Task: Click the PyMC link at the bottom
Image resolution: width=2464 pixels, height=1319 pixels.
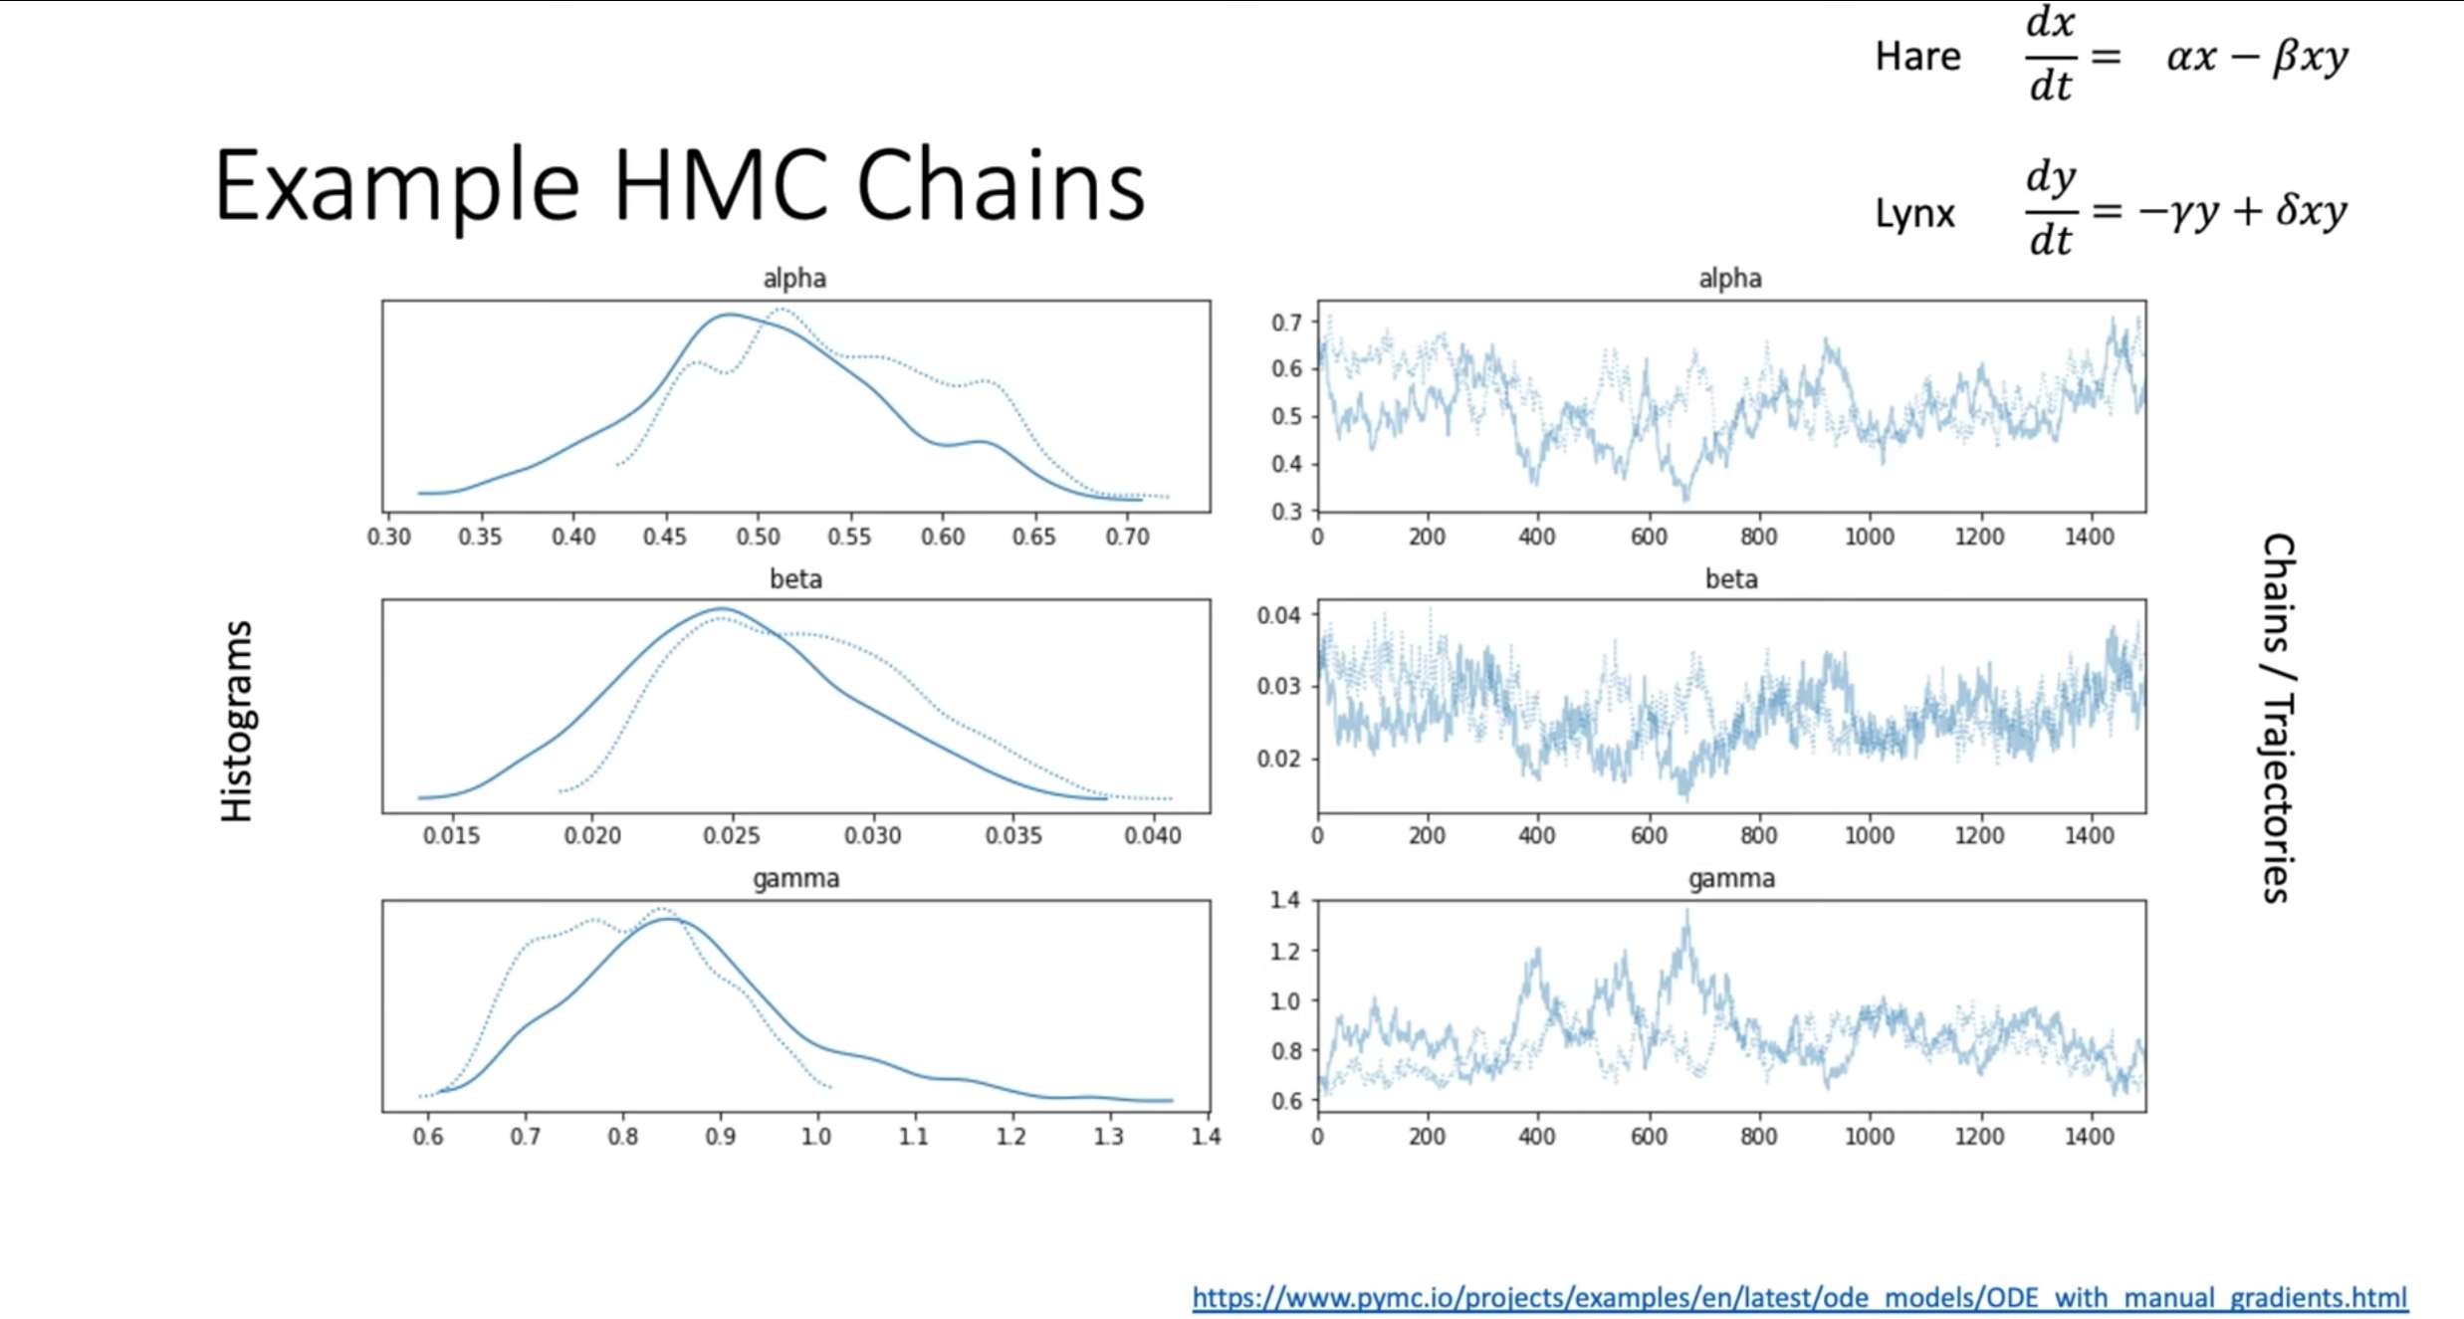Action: [x=1799, y=1298]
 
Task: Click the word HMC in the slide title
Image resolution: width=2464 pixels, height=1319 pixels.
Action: [x=720, y=186]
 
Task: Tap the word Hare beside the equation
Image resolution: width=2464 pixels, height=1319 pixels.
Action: [x=1917, y=57]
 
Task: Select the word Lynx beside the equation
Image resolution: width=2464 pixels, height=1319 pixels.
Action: [x=1914, y=214]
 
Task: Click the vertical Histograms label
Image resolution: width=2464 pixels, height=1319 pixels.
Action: [x=237, y=722]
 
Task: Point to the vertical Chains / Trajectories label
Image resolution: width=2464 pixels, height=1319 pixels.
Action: [x=2277, y=718]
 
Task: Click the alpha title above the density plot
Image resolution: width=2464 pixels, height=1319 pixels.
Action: [x=794, y=279]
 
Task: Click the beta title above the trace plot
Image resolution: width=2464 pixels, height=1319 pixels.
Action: [x=1731, y=579]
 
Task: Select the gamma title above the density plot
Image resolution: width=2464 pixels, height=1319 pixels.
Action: [x=795, y=879]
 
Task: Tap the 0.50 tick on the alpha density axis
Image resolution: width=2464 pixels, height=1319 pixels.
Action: [x=758, y=538]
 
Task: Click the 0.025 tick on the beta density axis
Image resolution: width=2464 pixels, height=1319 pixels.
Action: [x=732, y=836]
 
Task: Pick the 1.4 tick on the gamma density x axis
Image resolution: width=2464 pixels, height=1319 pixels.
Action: [x=1206, y=1137]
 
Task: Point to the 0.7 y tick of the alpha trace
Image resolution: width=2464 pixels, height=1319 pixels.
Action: [x=1286, y=323]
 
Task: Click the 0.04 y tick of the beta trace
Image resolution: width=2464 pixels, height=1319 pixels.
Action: [x=1279, y=615]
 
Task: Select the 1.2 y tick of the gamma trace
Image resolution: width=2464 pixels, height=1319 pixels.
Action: [x=1285, y=951]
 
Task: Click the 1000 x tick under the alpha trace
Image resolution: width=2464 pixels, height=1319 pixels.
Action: [x=1869, y=538]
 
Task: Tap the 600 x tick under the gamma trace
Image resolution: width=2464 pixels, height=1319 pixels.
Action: [x=1648, y=1137]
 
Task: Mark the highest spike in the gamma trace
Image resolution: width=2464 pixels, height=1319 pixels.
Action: [x=1687, y=912]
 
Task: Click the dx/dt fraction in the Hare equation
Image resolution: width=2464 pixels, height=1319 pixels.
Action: [x=2051, y=55]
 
